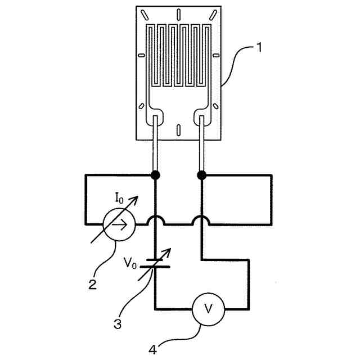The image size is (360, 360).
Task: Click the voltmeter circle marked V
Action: pos(208,308)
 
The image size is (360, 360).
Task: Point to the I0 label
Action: pos(119,197)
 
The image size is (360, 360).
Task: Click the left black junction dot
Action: pos(155,175)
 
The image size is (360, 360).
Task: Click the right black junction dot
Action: pos(202,175)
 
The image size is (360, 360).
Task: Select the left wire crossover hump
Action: pos(155,220)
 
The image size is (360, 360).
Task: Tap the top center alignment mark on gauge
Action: pos(178,13)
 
